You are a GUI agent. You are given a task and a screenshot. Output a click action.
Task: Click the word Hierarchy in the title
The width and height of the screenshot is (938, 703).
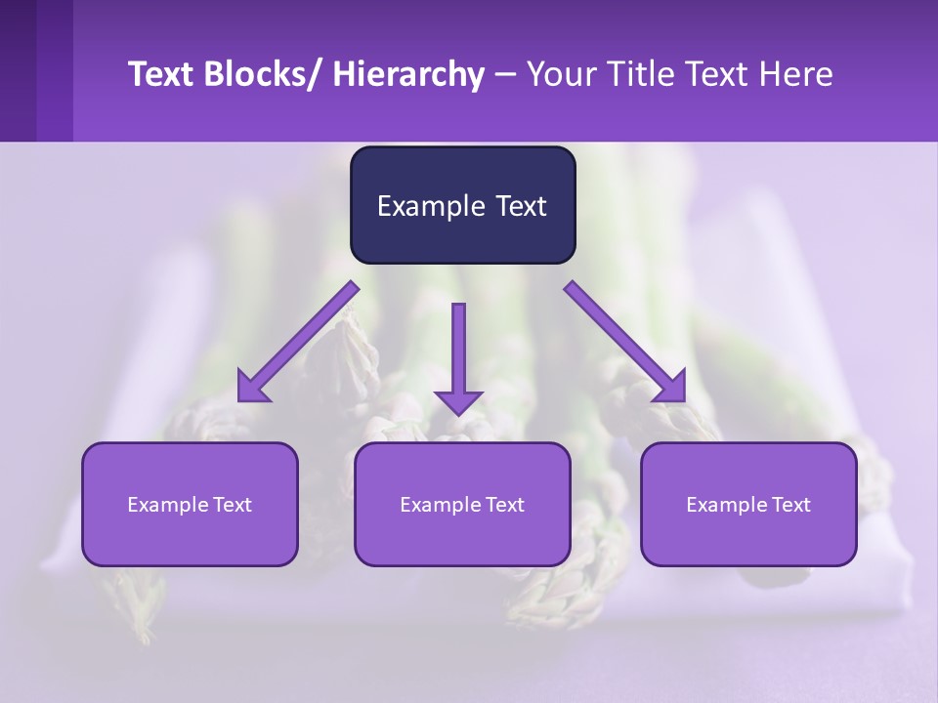(x=408, y=75)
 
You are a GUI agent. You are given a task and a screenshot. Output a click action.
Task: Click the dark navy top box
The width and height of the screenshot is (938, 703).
(x=462, y=205)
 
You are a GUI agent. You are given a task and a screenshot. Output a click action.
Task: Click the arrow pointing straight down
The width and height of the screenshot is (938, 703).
(x=458, y=351)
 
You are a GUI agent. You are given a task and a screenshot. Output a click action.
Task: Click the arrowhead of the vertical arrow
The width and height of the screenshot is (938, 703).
(x=458, y=401)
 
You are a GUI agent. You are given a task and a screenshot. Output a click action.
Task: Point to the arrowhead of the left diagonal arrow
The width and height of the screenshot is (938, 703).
(x=252, y=388)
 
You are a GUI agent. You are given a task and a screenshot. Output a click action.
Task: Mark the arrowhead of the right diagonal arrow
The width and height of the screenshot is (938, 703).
(x=670, y=388)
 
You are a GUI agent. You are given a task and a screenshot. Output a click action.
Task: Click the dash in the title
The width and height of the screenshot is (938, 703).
(x=505, y=75)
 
